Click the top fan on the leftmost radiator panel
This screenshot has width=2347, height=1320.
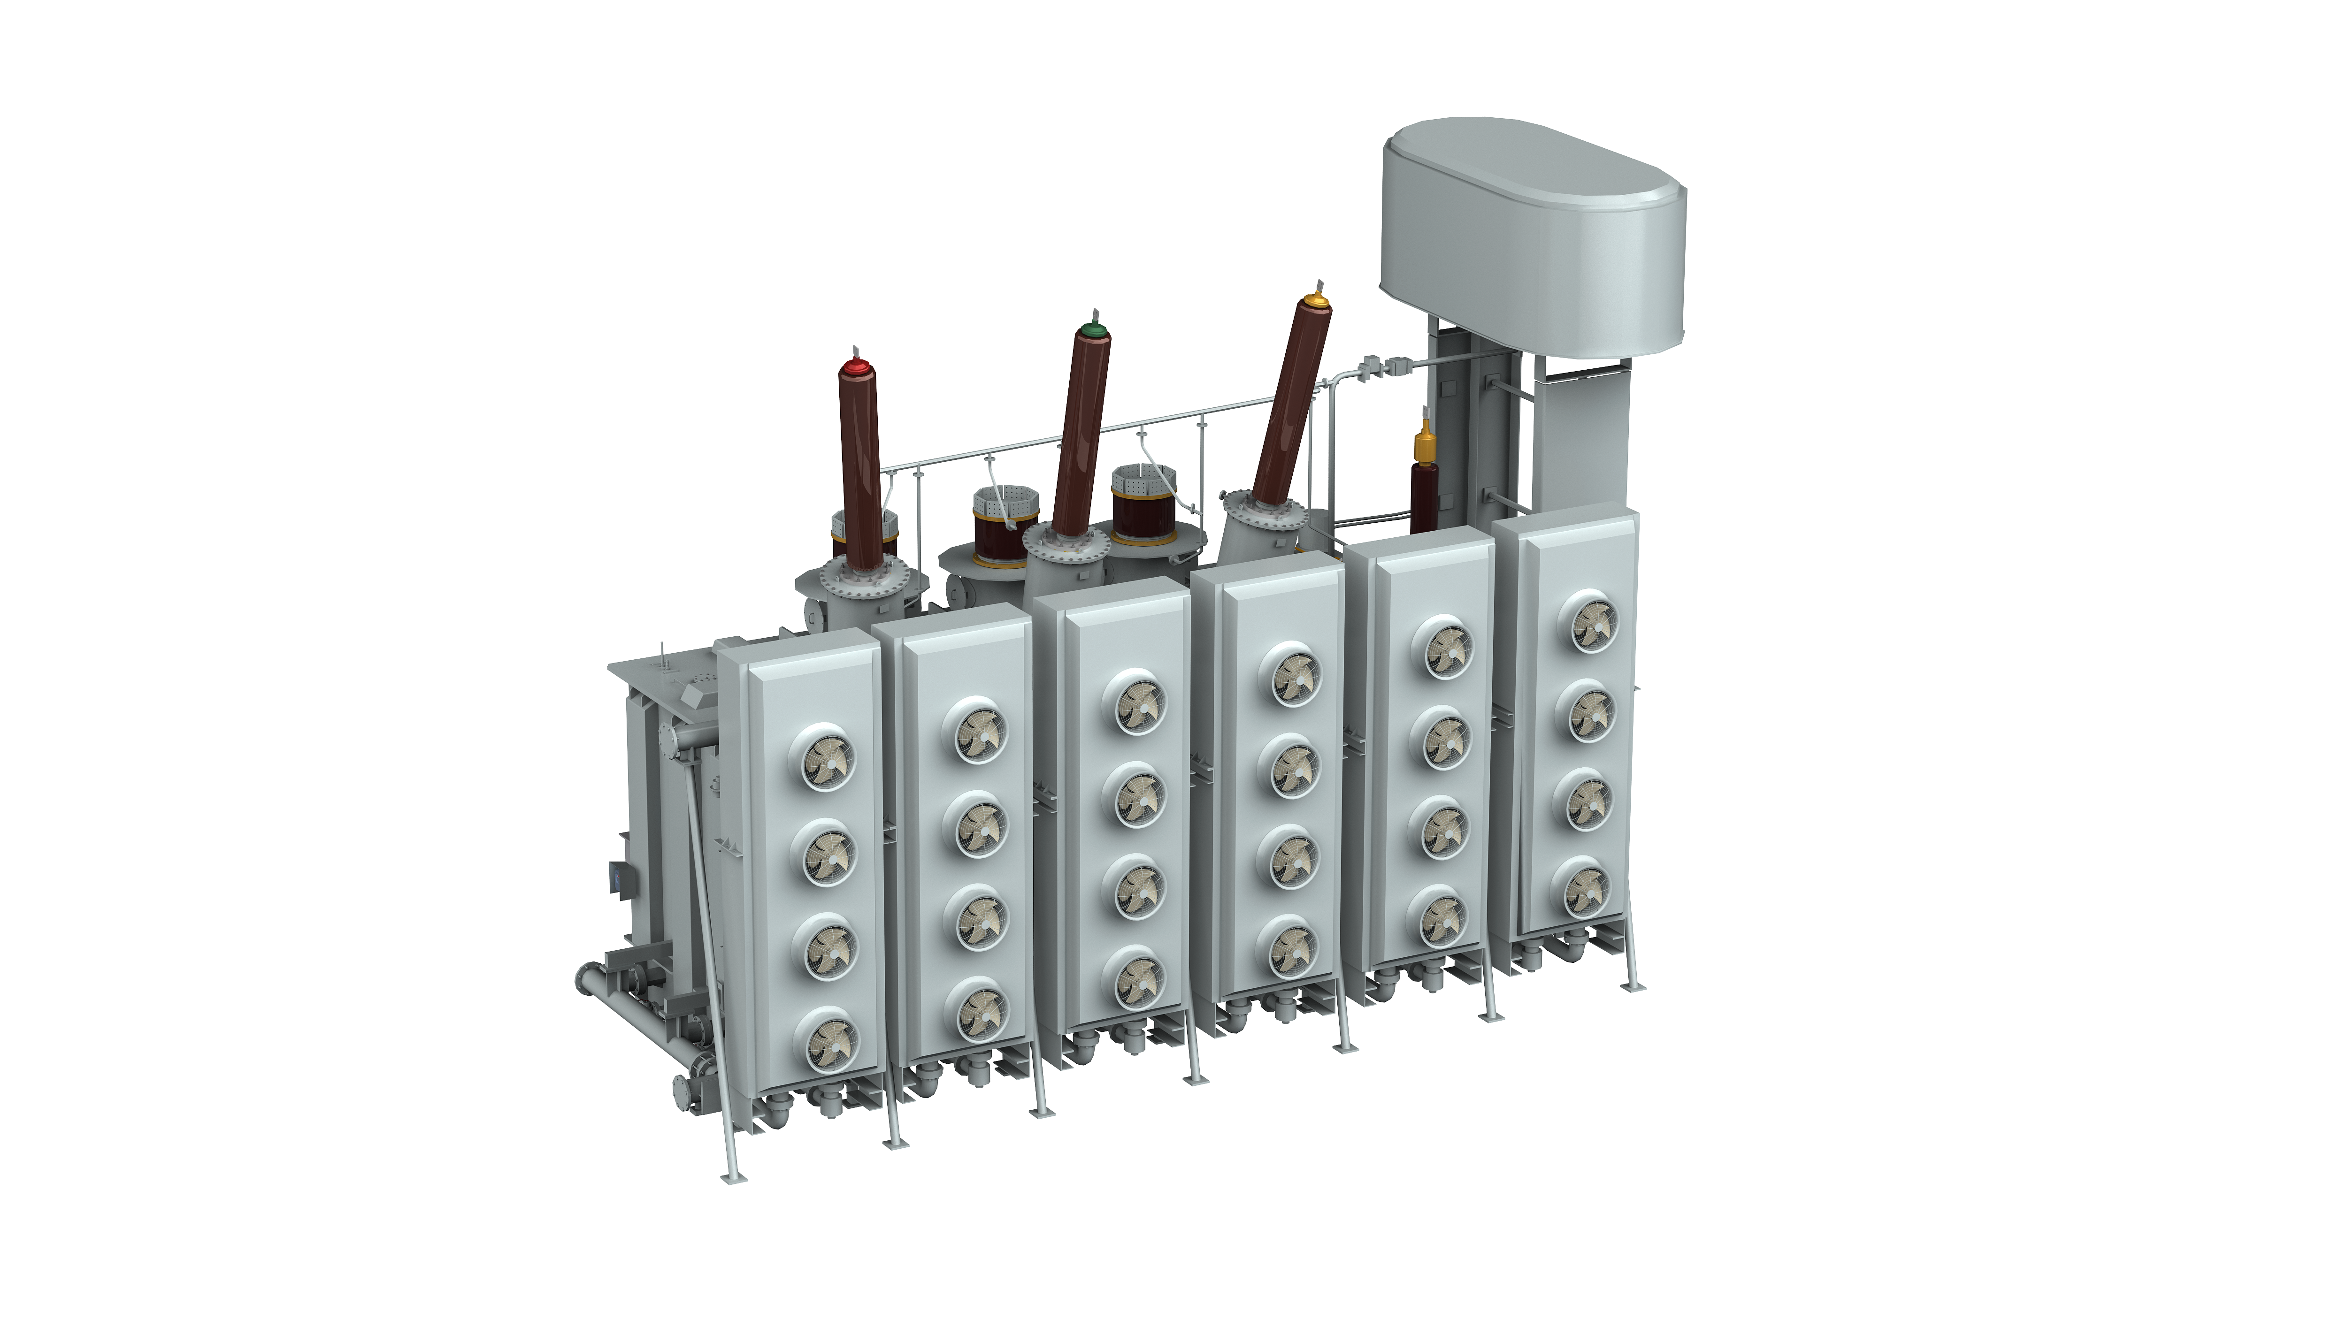[827, 756]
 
